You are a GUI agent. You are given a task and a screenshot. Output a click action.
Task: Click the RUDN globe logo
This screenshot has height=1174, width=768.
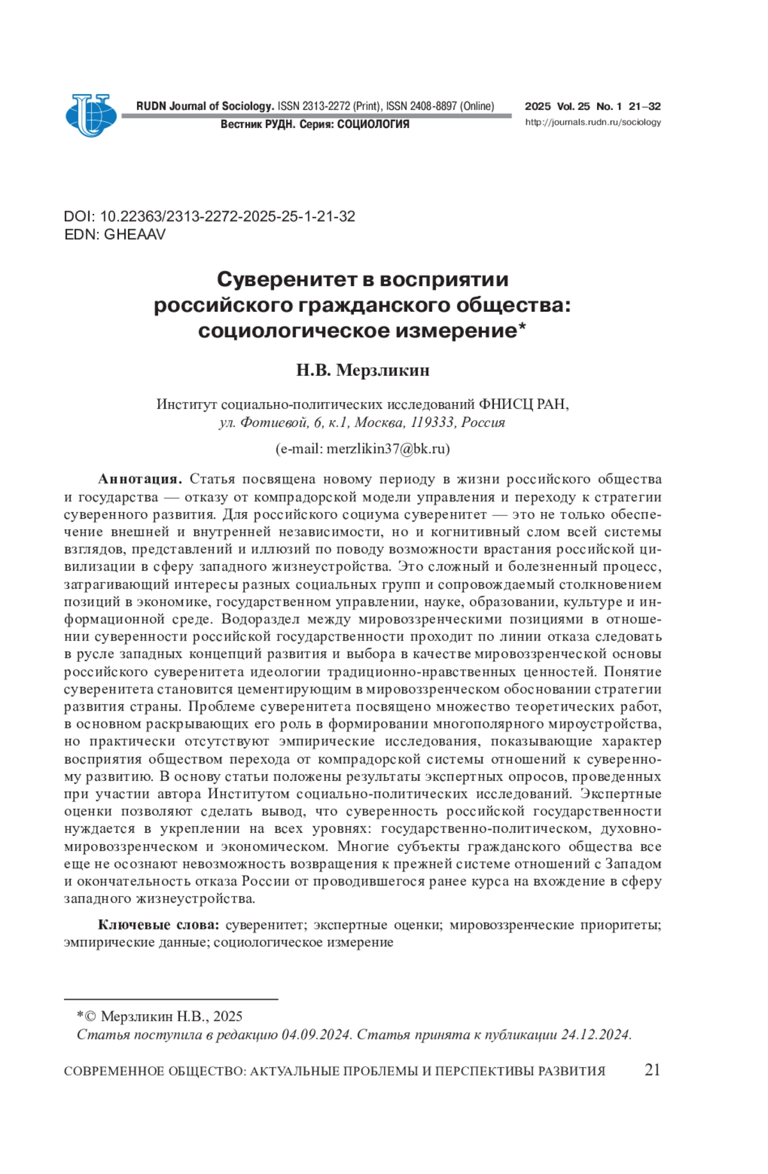(90, 115)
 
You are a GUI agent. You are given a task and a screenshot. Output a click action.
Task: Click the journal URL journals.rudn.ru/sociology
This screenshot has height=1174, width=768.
(593, 122)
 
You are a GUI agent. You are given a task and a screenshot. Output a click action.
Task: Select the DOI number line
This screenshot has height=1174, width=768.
(209, 216)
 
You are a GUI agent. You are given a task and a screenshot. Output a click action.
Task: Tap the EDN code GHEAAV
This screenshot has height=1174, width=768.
(134, 234)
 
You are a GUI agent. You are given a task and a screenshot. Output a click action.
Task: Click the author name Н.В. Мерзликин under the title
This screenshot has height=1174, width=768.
(362, 370)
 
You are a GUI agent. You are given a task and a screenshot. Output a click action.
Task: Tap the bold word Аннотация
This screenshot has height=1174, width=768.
(140, 479)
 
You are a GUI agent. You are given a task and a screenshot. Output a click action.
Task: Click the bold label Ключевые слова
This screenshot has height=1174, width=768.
(159, 924)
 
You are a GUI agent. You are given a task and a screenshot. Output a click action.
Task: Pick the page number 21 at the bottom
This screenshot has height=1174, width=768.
(652, 1070)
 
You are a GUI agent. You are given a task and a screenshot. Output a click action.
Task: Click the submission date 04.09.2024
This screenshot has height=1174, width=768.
(316, 1034)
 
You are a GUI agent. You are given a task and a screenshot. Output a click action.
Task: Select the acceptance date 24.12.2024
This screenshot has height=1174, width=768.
(595, 1034)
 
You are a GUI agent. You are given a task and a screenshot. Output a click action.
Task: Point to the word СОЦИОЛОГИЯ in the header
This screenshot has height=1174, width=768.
(373, 124)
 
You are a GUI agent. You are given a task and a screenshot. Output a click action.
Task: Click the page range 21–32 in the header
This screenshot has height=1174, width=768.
(644, 106)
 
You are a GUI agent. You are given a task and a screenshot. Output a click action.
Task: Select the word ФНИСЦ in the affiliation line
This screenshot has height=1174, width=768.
(504, 405)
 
